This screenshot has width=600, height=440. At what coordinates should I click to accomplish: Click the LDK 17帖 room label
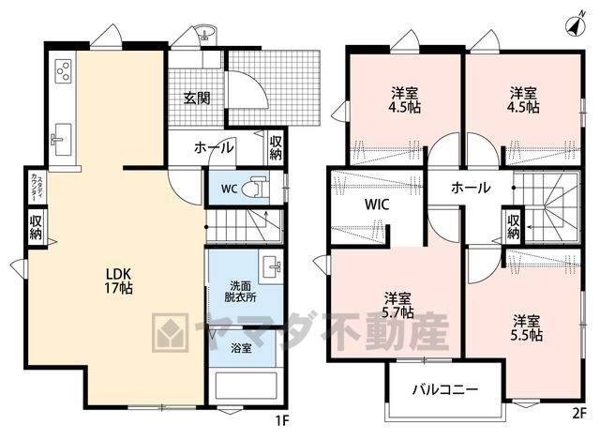pos(119,281)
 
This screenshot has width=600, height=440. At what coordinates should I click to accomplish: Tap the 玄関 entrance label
pos(197,98)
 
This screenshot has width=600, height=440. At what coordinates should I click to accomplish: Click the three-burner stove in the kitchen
pos(64,71)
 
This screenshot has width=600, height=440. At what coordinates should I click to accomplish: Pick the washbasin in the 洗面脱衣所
pos(271,266)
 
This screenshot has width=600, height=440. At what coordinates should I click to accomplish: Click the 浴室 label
pos(241,348)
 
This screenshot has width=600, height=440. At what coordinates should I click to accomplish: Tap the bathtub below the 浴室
pos(246,386)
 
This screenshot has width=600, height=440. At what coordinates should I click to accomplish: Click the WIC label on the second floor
pos(377,205)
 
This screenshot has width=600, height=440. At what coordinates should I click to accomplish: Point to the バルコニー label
pos(445,390)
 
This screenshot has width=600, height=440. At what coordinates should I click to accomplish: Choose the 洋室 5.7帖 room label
pos(397,305)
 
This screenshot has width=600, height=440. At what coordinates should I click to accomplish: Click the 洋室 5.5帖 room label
pos(527,327)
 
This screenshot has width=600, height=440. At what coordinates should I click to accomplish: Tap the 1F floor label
pos(282,421)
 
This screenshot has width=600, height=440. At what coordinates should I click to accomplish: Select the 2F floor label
pos(579,414)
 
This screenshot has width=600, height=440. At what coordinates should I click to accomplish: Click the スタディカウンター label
pos(37,187)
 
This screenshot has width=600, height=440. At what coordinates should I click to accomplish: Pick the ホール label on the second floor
pos(471,188)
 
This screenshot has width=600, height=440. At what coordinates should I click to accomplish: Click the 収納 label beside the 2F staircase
pos(513,226)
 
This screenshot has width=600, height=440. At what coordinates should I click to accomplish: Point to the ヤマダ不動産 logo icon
pos(171,332)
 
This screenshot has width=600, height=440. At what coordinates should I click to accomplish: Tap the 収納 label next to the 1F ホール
pos(276,148)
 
